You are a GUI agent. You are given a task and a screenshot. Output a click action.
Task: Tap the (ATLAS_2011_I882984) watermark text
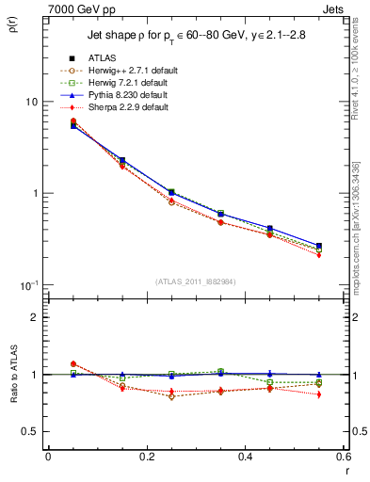(x=196, y=282)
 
